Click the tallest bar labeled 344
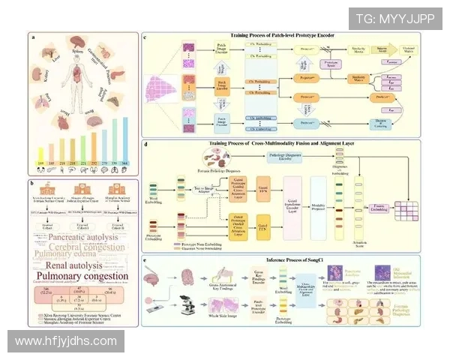tap(124, 137)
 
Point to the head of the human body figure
tap(79, 64)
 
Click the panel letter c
tap(145, 36)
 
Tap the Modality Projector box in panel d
tap(318, 203)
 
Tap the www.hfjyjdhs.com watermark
tap(66, 341)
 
